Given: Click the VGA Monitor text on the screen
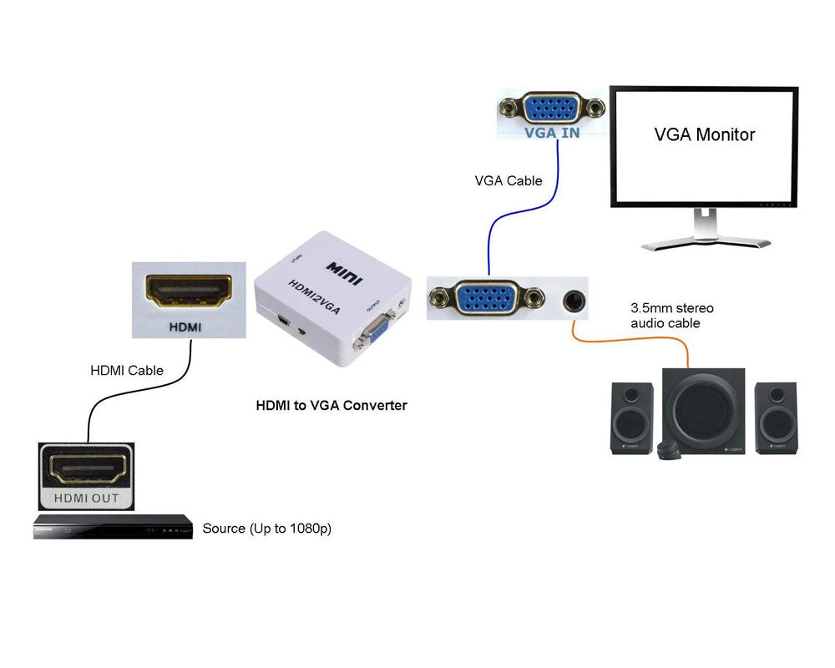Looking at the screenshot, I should coord(704,134).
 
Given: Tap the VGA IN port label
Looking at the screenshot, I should coord(551,132).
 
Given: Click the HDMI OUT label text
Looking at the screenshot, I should coord(87,498).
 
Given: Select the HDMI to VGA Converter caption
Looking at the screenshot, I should coord(331,406).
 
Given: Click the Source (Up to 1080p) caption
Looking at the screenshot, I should coord(267,529).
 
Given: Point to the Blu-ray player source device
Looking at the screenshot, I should coord(113,529).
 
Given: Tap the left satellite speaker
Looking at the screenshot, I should coord(632,418).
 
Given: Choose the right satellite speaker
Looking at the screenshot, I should coord(776,418).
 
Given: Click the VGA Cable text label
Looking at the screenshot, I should coord(509,180).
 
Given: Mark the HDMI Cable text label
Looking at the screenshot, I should coord(127,370).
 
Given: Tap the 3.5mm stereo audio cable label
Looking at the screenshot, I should coord(672,316).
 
